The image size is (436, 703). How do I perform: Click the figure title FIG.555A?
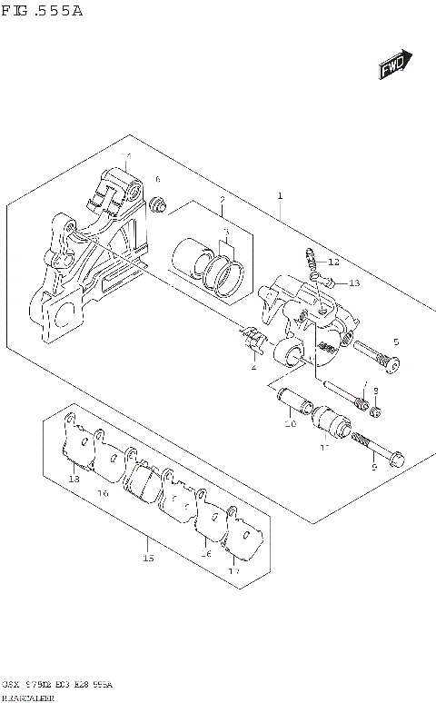43,11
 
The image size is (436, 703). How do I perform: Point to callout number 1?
281,195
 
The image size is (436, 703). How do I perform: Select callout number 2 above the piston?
222,199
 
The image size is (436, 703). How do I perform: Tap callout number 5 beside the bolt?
395,342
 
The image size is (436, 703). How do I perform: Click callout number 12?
333,262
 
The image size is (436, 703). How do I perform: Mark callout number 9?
372,468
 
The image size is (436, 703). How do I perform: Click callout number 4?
254,367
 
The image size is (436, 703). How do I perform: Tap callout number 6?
157,180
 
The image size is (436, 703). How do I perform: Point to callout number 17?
233,571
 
